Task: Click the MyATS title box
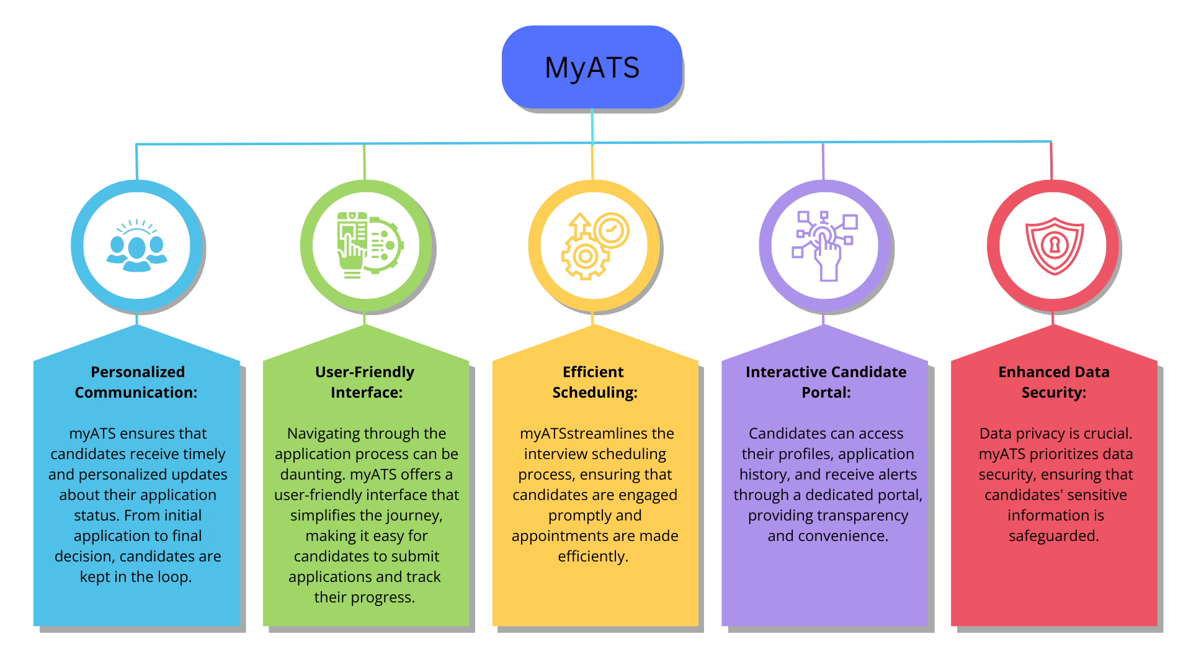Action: (x=592, y=67)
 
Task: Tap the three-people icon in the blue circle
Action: (x=137, y=246)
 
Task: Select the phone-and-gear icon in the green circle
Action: (x=368, y=245)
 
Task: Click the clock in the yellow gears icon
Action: (x=611, y=230)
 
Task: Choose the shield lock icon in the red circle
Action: (x=1054, y=246)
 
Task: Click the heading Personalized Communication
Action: (x=137, y=382)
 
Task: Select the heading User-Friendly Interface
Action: (x=365, y=382)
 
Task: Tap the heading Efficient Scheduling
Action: (x=594, y=382)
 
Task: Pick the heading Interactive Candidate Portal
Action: (x=826, y=382)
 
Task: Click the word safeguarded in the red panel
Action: (x=1053, y=536)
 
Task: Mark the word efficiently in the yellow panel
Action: (x=592, y=556)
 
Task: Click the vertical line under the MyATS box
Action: (x=592, y=127)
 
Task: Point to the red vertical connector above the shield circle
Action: (x=1051, y=161)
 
